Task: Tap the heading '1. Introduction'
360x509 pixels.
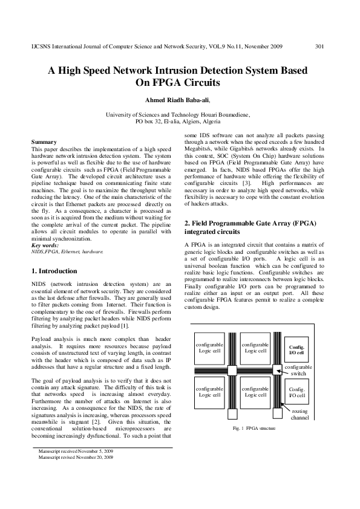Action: [x=54, y=271]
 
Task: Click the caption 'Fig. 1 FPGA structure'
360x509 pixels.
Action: [x=254, y=428]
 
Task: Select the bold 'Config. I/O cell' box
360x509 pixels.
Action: [x=296, y=350]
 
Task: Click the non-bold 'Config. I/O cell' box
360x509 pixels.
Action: [x=296, y=393]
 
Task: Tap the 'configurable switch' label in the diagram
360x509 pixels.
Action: [x=298, y=370]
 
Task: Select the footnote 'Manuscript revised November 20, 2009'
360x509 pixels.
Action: [x=76, y=458]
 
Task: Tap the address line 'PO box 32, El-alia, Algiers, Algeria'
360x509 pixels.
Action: [x=180, y=121]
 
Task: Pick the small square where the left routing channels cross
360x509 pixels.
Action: [x=233, y=369]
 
